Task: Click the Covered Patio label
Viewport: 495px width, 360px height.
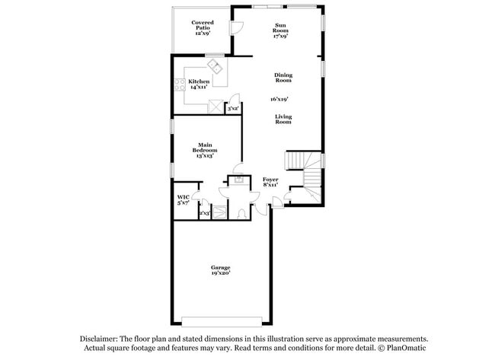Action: pos(203,28)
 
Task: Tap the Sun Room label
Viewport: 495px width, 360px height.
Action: pos(281,30)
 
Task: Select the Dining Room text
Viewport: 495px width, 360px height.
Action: pos(283,78)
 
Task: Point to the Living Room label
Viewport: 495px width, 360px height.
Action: pos(283,119)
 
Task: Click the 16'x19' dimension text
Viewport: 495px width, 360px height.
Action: pos(279,99)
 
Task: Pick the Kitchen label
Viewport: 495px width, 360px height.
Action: pos(200,84)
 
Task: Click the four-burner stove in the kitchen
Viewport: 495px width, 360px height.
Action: pos(181,85)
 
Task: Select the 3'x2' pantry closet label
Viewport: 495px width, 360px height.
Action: pos(233,109)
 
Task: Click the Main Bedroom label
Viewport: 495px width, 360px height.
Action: pos(203,150)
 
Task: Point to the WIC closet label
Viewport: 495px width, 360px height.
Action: pos(183,200)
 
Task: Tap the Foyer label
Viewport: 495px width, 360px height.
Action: pos(270,182)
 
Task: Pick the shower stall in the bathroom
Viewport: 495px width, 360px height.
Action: pos(219,212)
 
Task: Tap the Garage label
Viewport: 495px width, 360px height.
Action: pos(221,269)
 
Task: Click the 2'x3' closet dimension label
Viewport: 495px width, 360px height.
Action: pos(204,214)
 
